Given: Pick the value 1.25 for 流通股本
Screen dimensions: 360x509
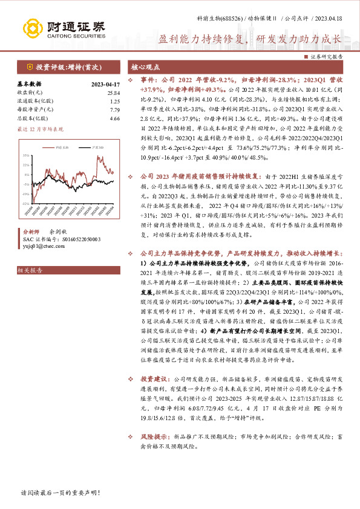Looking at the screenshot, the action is coord(114,101).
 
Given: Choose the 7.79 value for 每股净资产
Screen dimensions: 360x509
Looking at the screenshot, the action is coord(114,110).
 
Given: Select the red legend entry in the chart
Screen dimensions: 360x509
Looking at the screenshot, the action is coord(60,147).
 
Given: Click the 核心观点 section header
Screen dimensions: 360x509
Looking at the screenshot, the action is coord(146,66).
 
